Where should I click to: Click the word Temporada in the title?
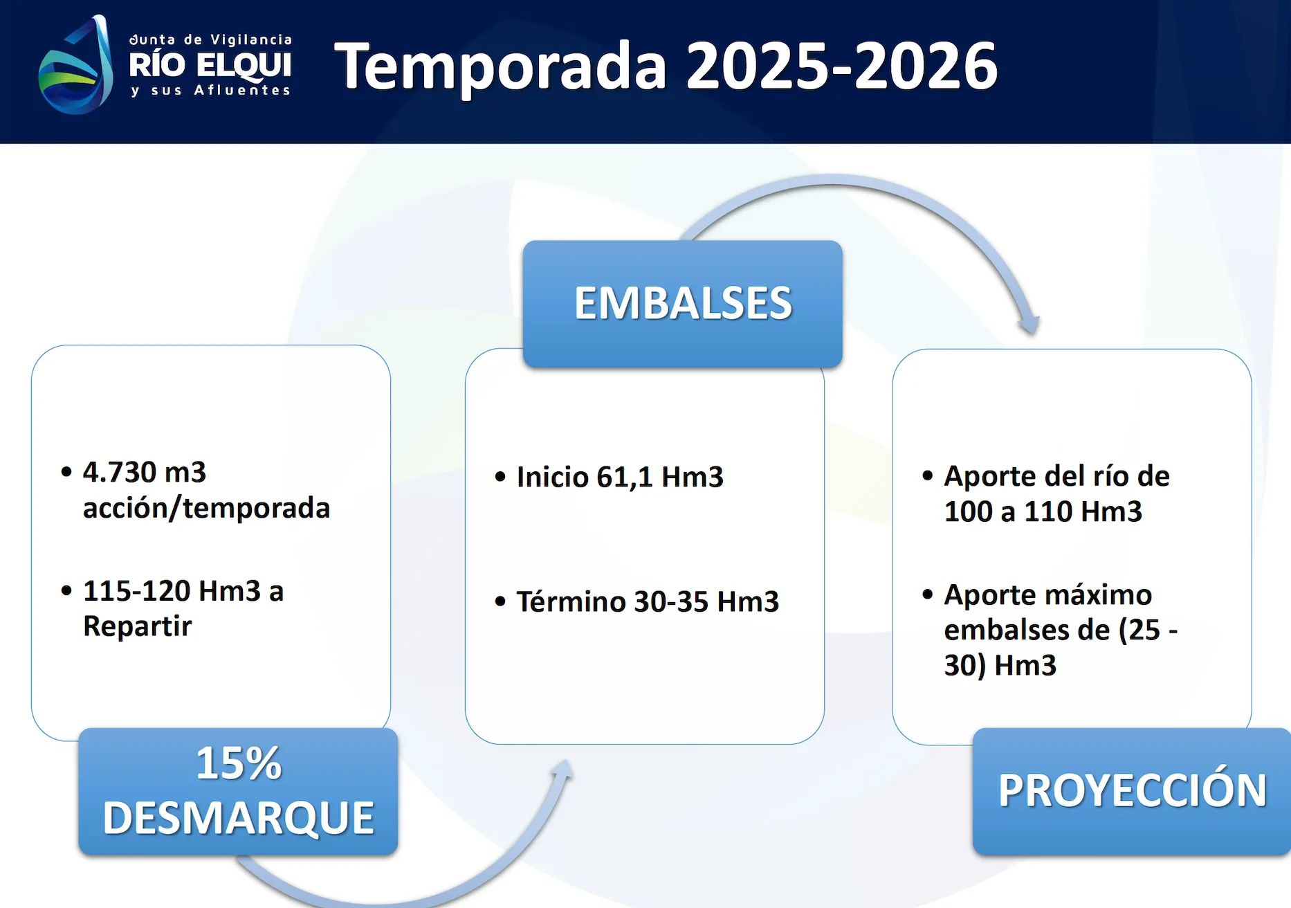click(x=500, y=66)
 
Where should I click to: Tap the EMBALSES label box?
click(x=682, y=303)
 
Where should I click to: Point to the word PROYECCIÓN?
click(x=1132, y=790)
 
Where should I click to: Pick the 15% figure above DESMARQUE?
click(x=239, y=763)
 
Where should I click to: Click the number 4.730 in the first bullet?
click(x=119, y=472)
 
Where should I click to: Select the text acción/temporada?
click(x=206, y=508)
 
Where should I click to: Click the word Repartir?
click(x=137, y=626)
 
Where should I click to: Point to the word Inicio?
click(x=552, y=477)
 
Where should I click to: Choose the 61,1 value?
click(x=625, y=478)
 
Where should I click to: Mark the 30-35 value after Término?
click(x=671, y=601)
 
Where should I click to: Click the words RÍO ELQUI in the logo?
click(x=210, y=65)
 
